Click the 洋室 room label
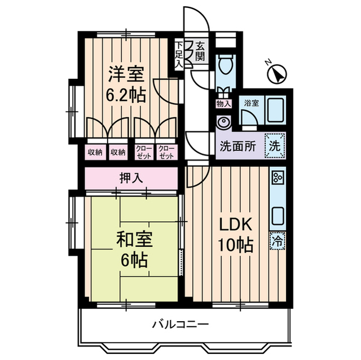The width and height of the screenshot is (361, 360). pos(127,73)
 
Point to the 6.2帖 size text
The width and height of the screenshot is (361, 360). pos(127,94)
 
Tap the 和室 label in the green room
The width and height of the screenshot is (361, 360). pos(133,240)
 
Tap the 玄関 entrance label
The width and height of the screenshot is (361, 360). pos(200,51)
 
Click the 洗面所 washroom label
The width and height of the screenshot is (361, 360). pos(237,145)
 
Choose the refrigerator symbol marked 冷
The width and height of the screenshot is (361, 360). pos(278,239)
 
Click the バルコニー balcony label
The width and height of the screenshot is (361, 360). pos(180,325)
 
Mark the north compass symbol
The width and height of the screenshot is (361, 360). pos(277,73)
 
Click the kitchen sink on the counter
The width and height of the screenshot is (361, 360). pos(278,215)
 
